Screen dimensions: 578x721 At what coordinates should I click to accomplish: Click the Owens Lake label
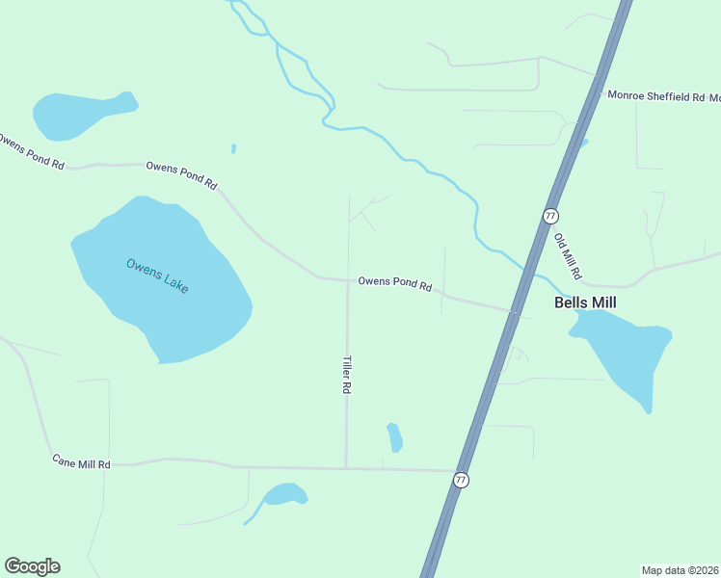pyautogui.click(x=157, y=276)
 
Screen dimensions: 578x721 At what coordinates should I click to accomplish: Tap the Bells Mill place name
pyautogui.click(x=584, y=302)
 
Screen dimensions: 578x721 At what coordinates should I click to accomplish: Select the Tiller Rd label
pyautogui.click(x=346, y=374)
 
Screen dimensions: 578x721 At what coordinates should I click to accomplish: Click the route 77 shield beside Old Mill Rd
pyautogui.click(x=550, y=216)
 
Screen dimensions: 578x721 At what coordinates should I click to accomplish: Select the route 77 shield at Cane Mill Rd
pyautogui.click(x=462, y=480)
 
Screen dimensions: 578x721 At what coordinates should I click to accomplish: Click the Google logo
pyautogui.click(x=32, y=566)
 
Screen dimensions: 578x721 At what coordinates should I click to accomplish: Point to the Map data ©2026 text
pyautogui.click(x=680, y=569)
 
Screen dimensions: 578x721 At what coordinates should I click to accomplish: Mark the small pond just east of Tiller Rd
pyautogui.click(x=394, y=437)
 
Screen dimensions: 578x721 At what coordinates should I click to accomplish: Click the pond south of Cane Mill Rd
pyautogui.click(x=284, y=495)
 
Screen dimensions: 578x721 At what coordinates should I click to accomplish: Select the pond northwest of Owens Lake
pyautogui.click(x=77, y=113)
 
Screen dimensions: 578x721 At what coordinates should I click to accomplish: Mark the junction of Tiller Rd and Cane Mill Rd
pyautogui.click(x=346, y=468)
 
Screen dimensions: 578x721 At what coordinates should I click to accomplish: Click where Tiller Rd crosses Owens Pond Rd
pyautogui.click(x=347, y=281)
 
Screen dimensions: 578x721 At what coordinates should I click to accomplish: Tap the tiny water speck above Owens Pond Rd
pyautogui.click(x=233, y=148)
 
